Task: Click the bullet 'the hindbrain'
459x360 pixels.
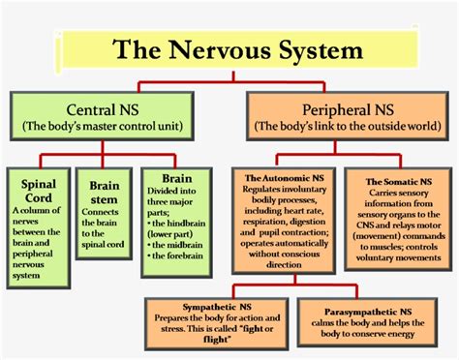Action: click(174, 221)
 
